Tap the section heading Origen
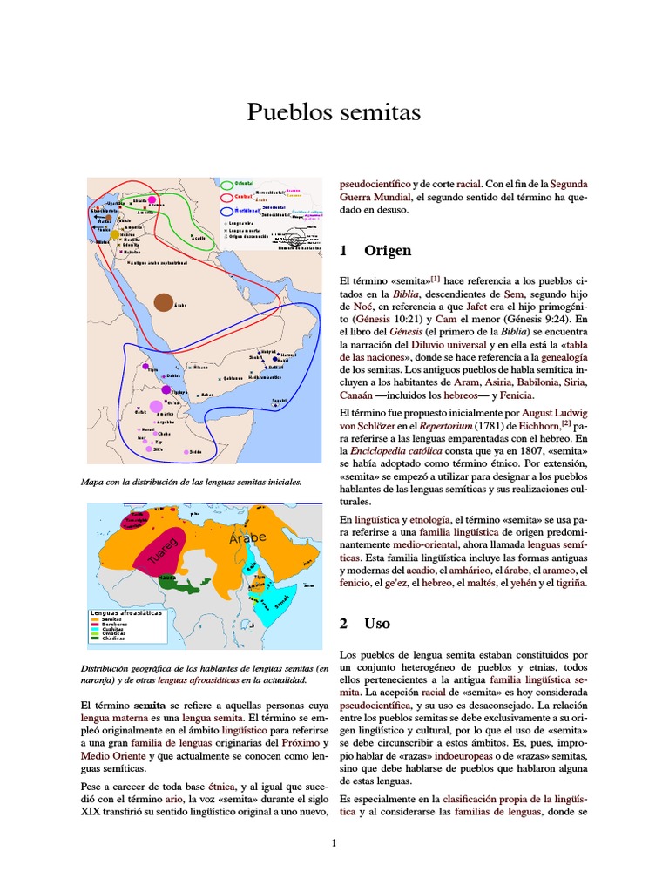(388, 251)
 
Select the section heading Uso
(378, 624)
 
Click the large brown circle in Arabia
(163, 302)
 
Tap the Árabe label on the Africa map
(247, 539)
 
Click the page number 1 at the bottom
(334, 842)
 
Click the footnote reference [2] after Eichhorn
(565, 423)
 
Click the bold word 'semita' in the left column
(149, 704)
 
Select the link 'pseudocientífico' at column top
(374, 185)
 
